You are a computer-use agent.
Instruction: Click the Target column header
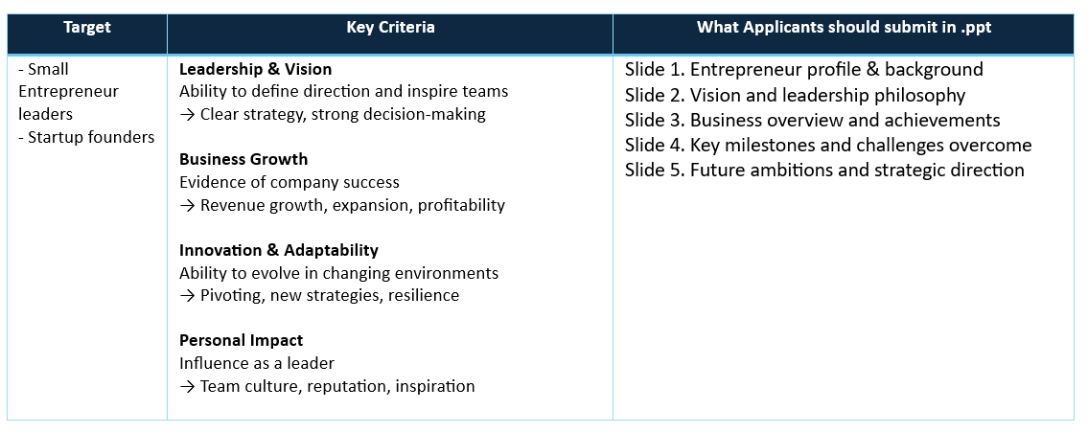[x=86, y=28]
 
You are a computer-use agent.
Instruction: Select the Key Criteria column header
[x=391, y=28]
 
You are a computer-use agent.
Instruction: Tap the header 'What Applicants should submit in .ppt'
[x=843, y=28]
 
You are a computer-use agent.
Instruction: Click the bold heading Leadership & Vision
[x=255, y=69]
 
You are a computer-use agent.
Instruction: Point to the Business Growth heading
[x=243, y=160]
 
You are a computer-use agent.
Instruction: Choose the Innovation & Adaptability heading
[x=279, y=250]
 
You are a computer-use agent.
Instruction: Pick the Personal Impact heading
[x=242, y=341]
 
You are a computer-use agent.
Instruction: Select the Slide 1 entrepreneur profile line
[x=804, y=69]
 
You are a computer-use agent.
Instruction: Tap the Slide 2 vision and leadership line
[x=796, y=95]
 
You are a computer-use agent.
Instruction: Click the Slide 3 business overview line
[x=813, y=120]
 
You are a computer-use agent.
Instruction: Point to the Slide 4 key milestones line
[x=828, y=145]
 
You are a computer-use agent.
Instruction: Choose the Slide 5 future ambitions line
[x=824, y=170]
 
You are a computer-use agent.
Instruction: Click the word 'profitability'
[x=461, y=206]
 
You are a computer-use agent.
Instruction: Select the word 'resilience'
[x=424, y=296]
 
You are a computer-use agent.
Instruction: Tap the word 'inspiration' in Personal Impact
[x=435, y=386]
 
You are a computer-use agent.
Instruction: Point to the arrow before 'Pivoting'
[x=187, y=296]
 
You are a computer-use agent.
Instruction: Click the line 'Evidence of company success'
[x=289, y=183]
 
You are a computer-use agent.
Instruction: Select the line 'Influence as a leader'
[x=257, y=363]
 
